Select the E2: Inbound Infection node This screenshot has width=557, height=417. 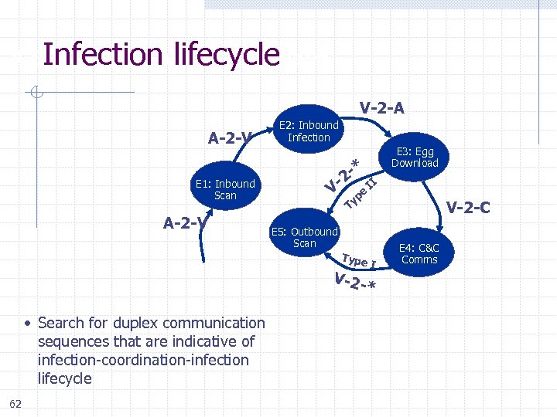point(309,131)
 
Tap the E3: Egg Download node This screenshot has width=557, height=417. point(414,157)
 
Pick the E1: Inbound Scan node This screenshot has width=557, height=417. point(225,189)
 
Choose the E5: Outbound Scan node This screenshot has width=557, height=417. point(304,237)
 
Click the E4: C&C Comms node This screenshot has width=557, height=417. point(419,253)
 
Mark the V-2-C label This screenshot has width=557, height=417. point(473,207)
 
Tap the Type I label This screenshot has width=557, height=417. point(358,260)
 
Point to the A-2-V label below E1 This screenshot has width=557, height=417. point(188,223)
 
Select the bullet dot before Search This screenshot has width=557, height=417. point(26,324)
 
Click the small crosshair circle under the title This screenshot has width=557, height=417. point(36,94)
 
